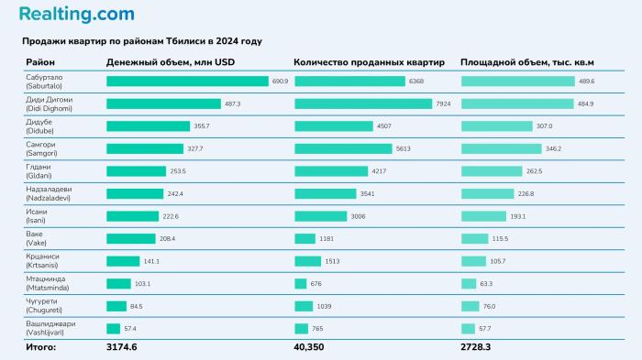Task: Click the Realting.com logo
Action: [x=76, y=15]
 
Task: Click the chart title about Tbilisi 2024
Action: [x=142, y=41]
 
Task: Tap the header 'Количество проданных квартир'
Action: [x=369, y=62]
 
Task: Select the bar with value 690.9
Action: [x=186, y=82]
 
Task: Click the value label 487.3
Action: [x=234, y=104]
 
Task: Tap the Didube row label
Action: [x=42, y=126]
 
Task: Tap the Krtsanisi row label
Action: [x=46, y=260]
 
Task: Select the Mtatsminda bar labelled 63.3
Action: [x=469, y=283]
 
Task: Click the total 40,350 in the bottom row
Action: [x=309, y=347]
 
